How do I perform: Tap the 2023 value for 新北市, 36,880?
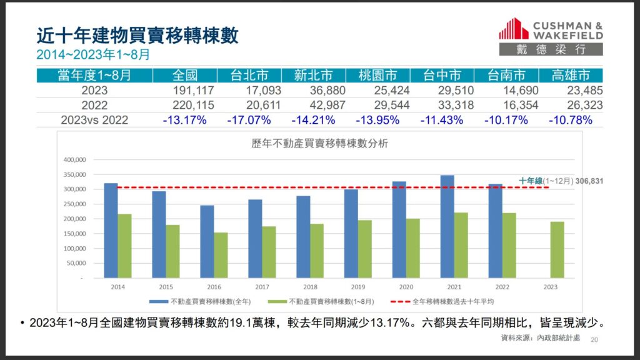coord(314,91)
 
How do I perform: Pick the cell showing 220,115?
coord(185,105)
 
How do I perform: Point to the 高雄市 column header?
coord(571,76)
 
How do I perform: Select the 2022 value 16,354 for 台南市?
coord(507,105)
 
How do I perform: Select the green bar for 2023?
coord(557,249)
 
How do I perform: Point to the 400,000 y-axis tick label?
coord(75,159)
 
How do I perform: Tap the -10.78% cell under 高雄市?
coord(571,120)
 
